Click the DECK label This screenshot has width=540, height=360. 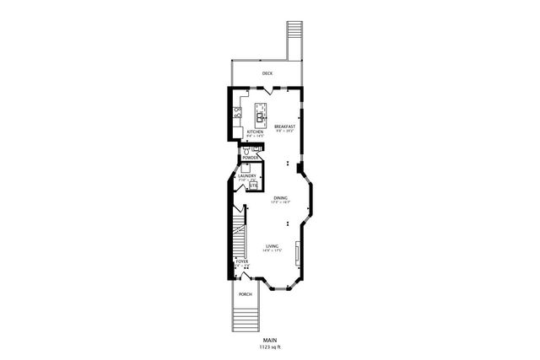267,74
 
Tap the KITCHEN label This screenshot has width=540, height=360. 255,132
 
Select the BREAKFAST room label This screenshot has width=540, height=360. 283,126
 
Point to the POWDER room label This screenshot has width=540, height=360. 251,158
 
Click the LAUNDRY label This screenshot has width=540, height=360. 246,176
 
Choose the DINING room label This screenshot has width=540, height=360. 280,198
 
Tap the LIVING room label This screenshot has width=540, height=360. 272,245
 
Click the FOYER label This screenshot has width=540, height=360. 242,262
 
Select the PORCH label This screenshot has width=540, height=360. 246,293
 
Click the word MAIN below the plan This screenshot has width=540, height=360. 269,340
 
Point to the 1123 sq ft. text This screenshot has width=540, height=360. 269,347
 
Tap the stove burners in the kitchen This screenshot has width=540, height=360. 240,112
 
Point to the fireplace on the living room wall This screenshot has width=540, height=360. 297,252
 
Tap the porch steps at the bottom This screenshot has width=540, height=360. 246,319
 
